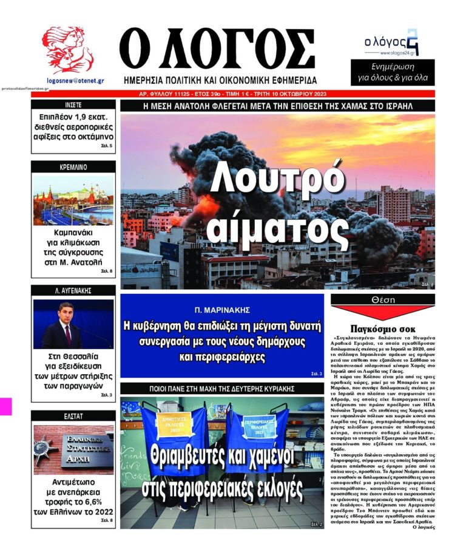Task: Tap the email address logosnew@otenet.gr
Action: (75, 80)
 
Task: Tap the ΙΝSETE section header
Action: (73, 104)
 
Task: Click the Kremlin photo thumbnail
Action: (73, 200)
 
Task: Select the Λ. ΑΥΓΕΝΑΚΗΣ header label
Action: (73, 290)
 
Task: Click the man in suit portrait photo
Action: (73, 324)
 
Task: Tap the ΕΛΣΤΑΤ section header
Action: (73, 416)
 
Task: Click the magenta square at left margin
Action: (5, 406)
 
